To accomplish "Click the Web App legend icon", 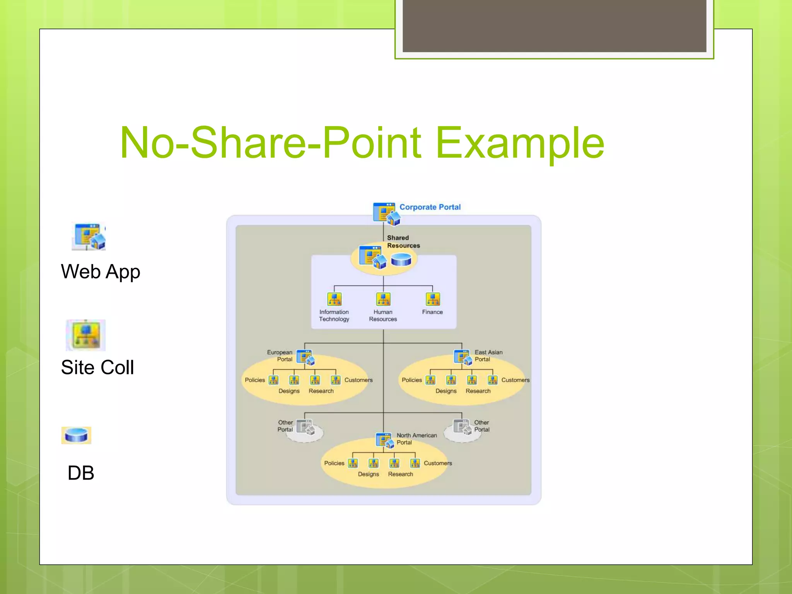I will click(x=89, y=236).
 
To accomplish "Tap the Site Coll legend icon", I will click(x=86, y=335).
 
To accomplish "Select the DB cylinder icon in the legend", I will click(x=77, y=435).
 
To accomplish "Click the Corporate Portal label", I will click(x=430, y=207).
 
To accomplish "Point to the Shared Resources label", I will click(x=403, y=242).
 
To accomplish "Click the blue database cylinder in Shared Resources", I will click(x=401, y=259).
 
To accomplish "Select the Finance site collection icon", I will click(x=432, y=299).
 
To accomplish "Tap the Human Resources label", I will click(x=383, y=316).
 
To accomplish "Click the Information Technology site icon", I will click(x=334, y=299).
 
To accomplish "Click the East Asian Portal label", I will click(x=488, y=355).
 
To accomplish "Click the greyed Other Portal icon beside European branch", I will click(x=306, y=427).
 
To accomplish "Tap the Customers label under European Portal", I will click(x=358, y=380).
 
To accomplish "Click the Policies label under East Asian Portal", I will click(x=411, y=380).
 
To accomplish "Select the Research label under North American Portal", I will click(x=400, y=474).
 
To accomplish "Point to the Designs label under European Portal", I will click(x=289, y=391).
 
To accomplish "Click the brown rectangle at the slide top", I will click(x=554, y=26).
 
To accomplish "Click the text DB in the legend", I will click(x=81, y=473).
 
